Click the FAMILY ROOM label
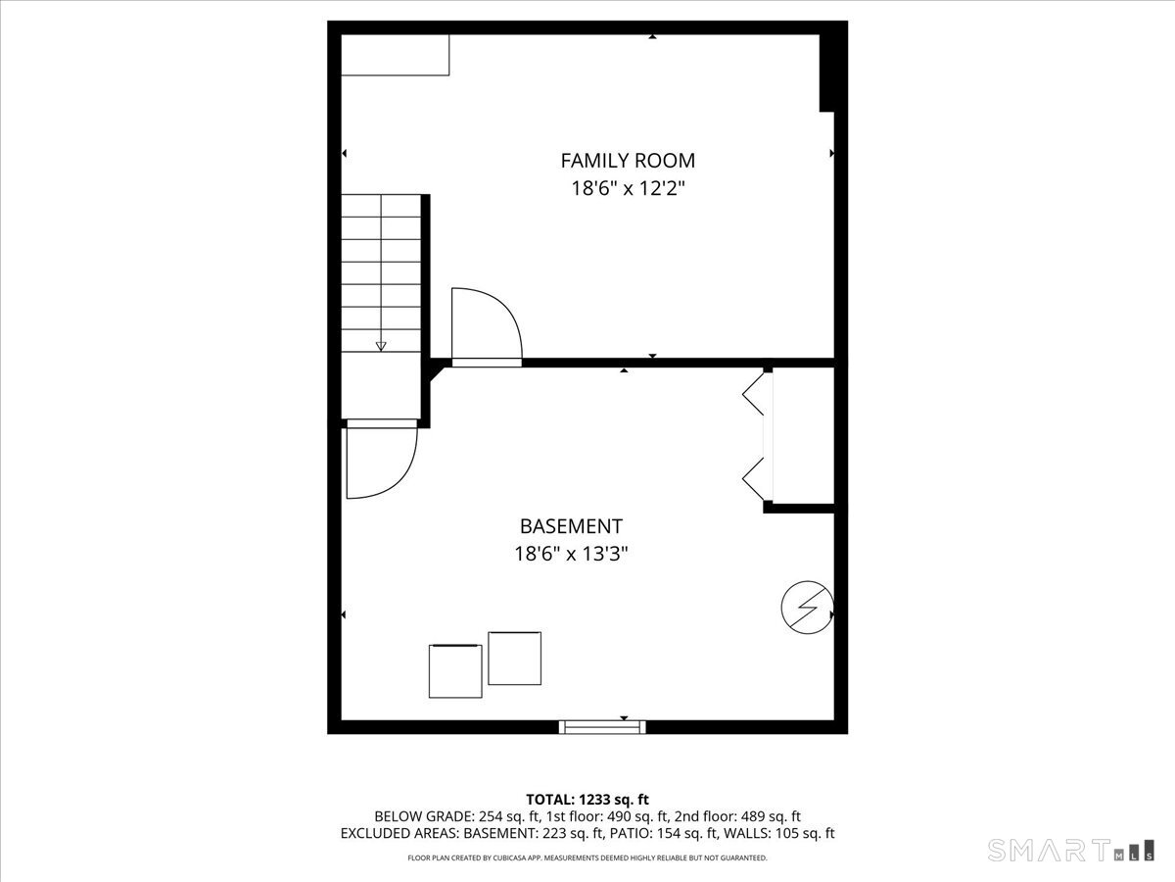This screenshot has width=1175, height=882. [x=627, y=160]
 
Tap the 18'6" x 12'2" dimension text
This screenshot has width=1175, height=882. [x=627, y=188]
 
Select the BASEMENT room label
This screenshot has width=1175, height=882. [x=571, y=526]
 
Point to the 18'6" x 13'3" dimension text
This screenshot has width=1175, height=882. [x=571, y=554]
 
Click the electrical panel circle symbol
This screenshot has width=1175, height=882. [x=806, y=608]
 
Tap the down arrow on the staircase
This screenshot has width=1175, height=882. [x=381, y=344]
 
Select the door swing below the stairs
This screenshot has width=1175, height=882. [x=381, y=461]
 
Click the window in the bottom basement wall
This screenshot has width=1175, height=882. [x=602, y=726]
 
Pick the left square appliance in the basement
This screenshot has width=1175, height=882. [x=455, y=670]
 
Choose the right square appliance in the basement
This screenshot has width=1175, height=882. [x=514, y=659]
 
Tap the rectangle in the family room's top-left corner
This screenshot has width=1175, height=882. [x=395, y=55]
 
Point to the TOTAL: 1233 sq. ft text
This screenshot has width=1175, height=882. [x=587, y=800]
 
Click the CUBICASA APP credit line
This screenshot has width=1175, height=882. [x=587, y=858]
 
